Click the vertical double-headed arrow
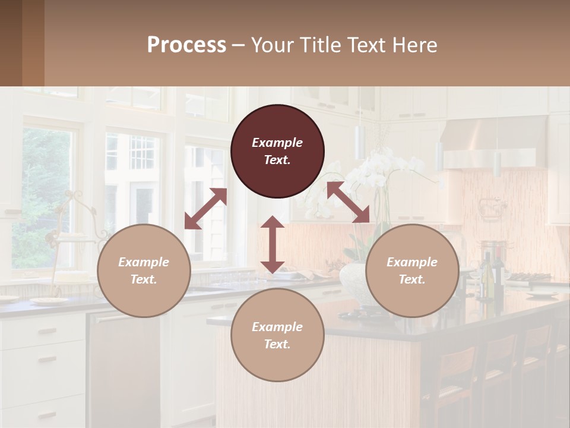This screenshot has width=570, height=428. [273, 244]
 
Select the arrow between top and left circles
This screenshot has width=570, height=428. [206, 209]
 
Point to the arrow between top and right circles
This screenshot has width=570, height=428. [348, 202]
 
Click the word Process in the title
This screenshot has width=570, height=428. [186, 45]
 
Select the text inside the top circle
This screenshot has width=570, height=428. [277, 151]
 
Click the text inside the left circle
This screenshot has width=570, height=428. [144, 270]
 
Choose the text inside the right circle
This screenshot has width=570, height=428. [412, 270]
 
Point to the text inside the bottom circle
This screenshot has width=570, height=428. [277, 335]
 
